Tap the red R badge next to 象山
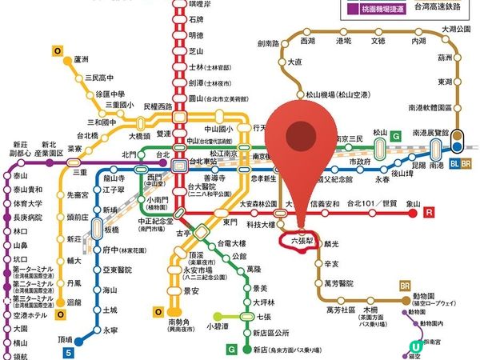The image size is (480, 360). coord(430,213)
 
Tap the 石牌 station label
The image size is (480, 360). coord(196,20)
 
